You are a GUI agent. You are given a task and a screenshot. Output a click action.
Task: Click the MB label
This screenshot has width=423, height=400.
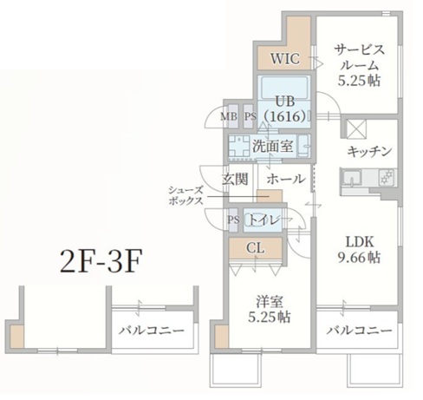(228, 115)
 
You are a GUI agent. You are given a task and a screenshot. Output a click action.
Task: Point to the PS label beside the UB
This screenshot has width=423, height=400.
(249, 115)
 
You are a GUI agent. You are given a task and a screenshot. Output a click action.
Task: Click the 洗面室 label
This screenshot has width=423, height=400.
(272, 146)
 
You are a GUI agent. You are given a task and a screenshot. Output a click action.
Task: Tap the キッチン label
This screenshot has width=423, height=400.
(369, 151)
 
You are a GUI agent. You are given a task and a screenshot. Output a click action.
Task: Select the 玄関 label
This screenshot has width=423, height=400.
(235, 179)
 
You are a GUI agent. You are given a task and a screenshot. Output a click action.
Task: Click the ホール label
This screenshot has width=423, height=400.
(284, 179)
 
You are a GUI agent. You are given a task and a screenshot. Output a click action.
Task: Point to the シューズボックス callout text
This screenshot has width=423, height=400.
(185, 194)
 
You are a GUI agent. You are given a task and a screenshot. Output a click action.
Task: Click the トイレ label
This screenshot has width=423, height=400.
(264, 220)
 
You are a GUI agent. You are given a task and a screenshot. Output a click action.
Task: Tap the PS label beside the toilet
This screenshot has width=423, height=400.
(233, 220)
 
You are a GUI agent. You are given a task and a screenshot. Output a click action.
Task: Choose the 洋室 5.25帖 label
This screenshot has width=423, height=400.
(269, 310)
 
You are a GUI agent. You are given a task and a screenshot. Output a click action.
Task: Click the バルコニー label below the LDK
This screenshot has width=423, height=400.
(360, 331)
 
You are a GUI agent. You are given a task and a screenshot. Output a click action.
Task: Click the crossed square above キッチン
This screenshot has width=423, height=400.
(356, 128)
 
